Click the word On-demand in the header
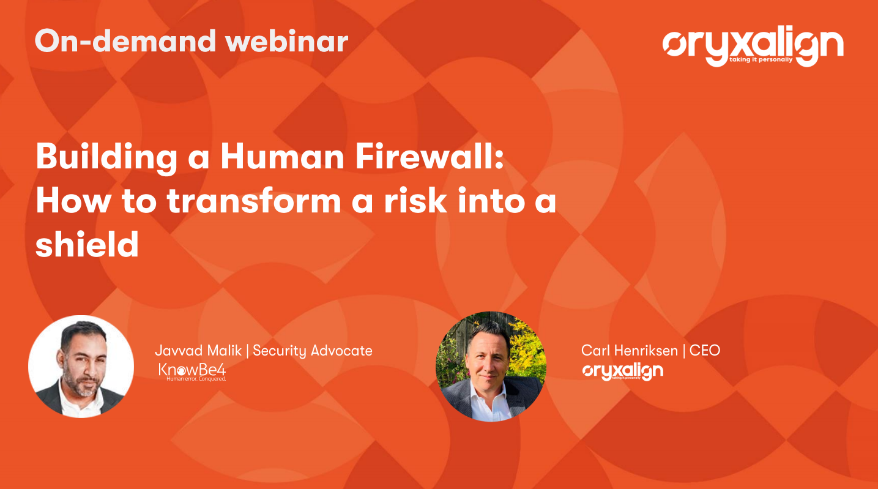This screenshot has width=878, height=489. tap(125, 40)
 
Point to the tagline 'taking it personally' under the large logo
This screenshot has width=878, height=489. tap(761, 60)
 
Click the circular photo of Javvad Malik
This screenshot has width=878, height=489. tap(81, 366)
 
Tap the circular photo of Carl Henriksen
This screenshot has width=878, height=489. tap(491, 366)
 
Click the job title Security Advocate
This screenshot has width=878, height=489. tap(312, 350)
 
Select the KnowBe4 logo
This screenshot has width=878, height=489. tap(192, 370)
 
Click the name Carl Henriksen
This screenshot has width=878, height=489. tap(630, 350)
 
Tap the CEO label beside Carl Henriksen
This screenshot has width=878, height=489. tap(705, 350)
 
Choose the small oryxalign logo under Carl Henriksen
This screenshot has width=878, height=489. tap(622, 371)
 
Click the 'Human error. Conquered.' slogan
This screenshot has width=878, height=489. tap(196, 379)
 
